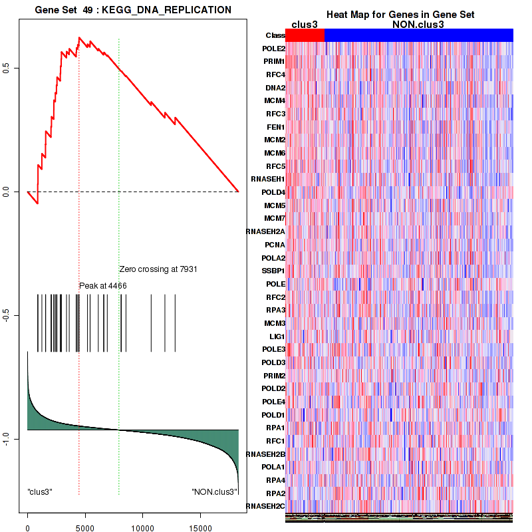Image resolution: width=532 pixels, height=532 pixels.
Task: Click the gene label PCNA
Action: [275, 245]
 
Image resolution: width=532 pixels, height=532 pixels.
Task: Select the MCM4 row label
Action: [275, 100]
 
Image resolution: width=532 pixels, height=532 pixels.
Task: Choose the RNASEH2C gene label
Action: [266, 507]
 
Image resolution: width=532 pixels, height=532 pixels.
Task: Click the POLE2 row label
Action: [274, 49]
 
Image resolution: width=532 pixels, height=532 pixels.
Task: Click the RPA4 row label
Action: [275, 480]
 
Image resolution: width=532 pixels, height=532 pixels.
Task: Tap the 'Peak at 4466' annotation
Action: [103, 285]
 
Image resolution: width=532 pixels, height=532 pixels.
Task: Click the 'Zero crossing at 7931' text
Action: [158, 269]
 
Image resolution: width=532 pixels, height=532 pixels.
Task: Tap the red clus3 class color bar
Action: [305, 35]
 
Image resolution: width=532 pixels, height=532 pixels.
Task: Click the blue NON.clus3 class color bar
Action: [418, 35]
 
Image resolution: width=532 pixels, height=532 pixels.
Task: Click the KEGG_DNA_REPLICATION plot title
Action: [133, 10]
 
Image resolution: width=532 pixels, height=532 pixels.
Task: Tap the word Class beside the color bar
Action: [275, 35]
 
